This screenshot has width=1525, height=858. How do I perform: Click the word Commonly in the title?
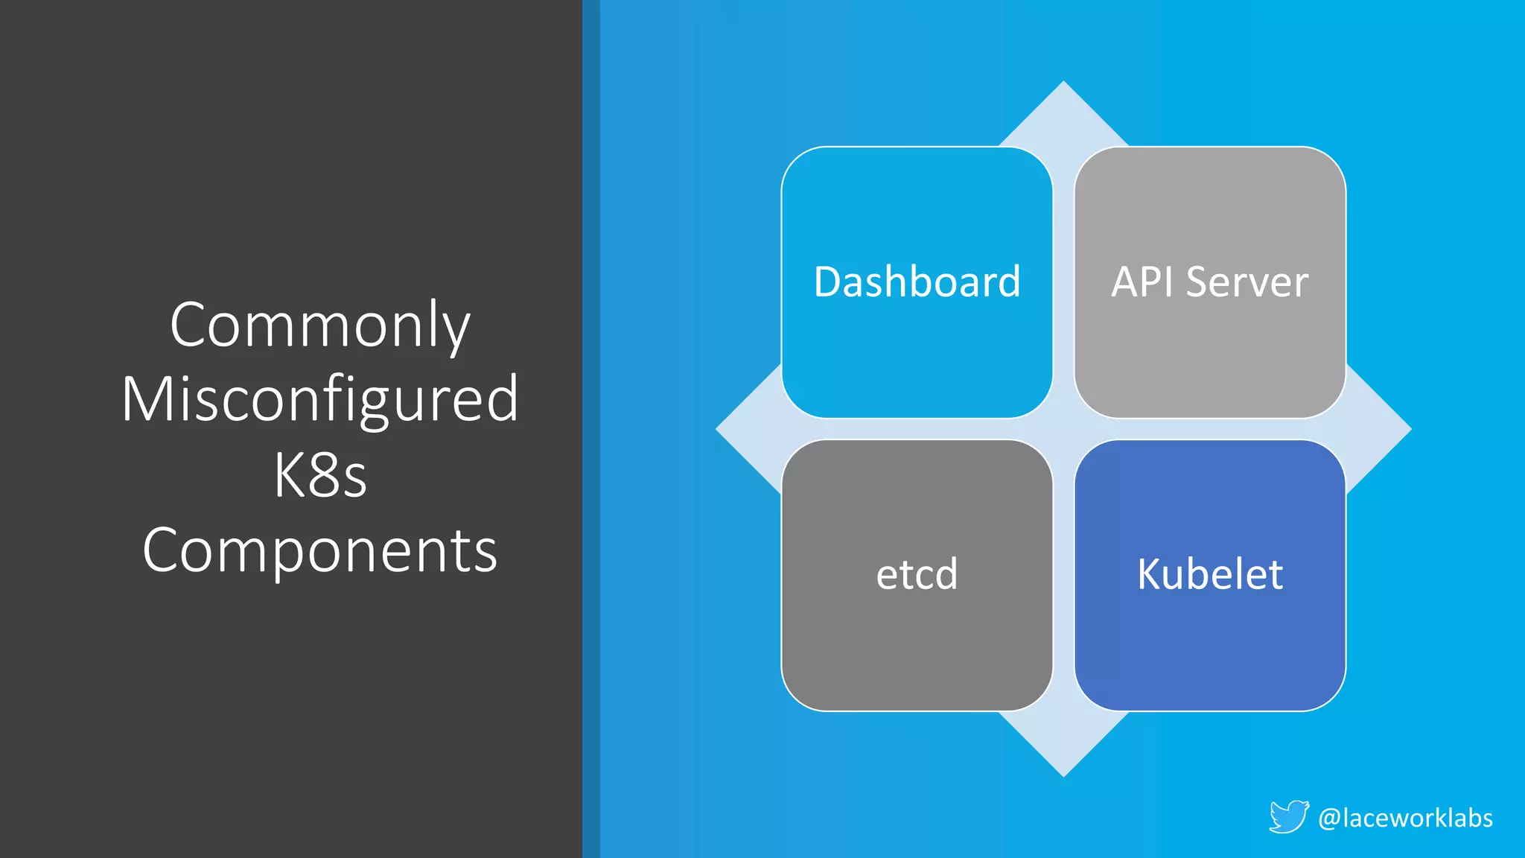pyautogui.click(x=320, y=325)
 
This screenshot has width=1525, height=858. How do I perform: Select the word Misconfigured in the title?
pyautogui.click(x=320, y=399)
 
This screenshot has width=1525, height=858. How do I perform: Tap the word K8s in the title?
pyautogui.click(x=320, y=476)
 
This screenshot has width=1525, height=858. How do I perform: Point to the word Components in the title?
pyautogui.click(x=320, y=550)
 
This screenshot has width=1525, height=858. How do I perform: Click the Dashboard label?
pyautogui.click(x=917, y=282)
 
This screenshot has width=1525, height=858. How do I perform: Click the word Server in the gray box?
pyautogui.click(x=1247, y=282)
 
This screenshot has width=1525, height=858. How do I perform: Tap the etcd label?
pyautogui.click(x=917, y=574)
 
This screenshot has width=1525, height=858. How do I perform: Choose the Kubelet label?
pyautogui.click(x=1210, y=574)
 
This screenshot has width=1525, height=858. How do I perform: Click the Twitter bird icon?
pyautogui.click(x=1289, y=817)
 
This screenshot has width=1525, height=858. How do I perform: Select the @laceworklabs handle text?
pyautogui.click(x=1405, y=818)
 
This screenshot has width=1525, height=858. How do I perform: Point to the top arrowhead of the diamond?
pyautogui.click(x=1063, y=112)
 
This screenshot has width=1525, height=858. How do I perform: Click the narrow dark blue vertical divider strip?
pyautogui.click(x=590, y=429)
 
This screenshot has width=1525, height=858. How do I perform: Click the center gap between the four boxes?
pyautogui.click(x=1063, y=429)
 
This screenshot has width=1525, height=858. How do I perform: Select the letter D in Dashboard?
pyautogui.click(x=828, y=282)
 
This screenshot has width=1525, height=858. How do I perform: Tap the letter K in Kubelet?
pyautogui.click(x=1150, y=574)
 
